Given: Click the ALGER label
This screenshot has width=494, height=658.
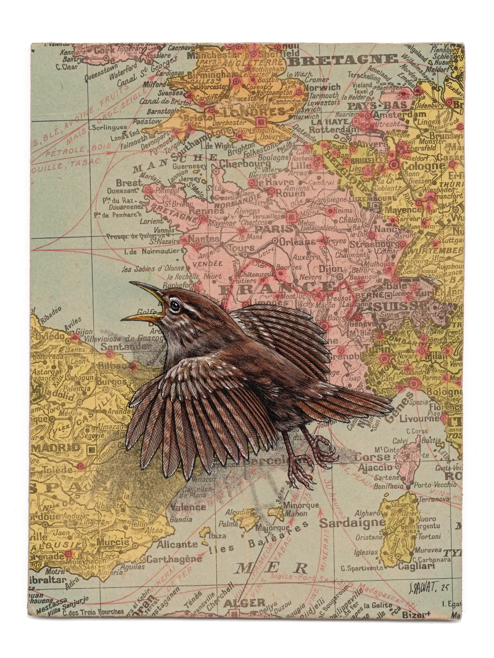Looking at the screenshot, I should (x=244, y=612).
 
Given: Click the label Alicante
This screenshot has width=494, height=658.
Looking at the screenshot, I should (x=177, y=544).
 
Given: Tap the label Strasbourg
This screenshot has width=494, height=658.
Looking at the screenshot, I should (x=374, y=244).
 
